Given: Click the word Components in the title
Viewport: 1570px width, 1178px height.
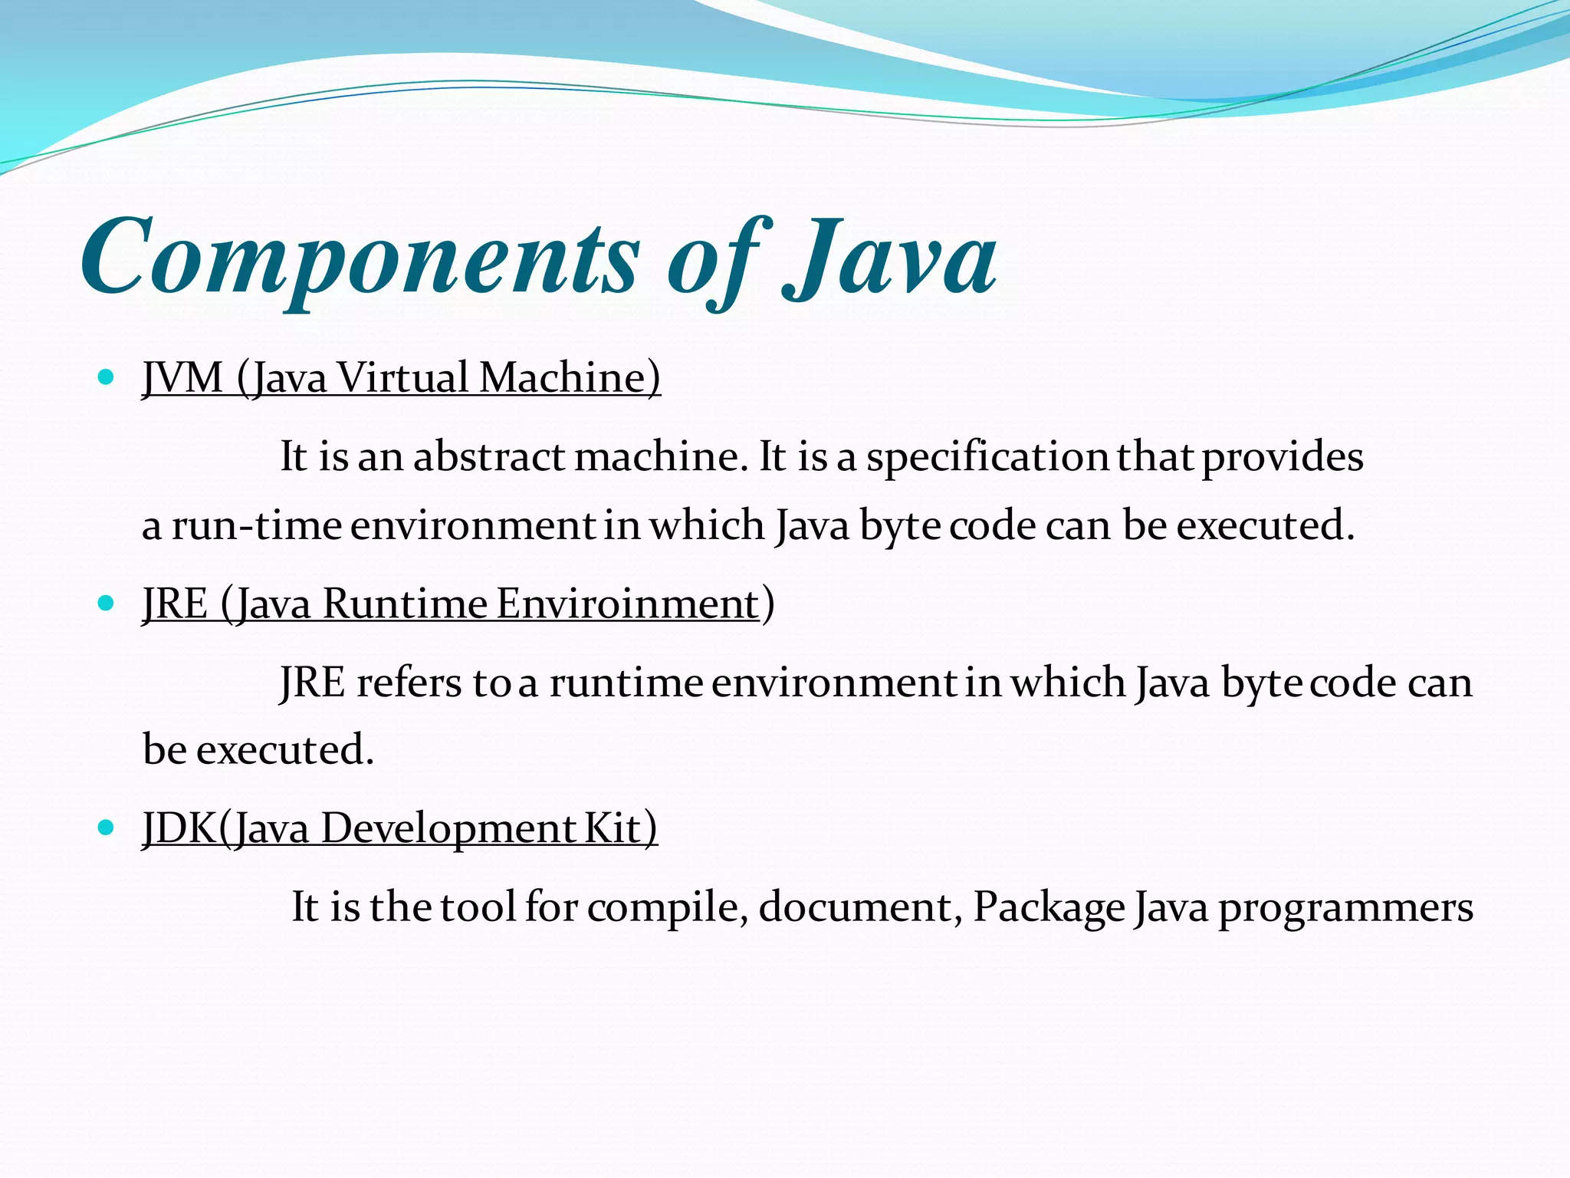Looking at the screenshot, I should coord(359,257).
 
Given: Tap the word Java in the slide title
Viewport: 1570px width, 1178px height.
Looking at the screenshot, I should coord(889,257).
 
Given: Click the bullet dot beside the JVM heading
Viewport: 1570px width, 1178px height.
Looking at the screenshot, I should coord(107,377).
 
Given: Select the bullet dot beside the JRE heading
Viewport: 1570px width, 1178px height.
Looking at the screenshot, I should coord(107,603).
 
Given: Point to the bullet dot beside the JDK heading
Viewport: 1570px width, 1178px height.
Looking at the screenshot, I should coord(107,828).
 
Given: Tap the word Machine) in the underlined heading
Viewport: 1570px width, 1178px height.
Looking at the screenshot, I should coord(569,378).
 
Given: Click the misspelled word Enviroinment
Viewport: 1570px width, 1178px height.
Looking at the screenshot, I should coord(627,604).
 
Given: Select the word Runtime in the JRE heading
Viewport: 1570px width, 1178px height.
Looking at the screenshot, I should coord(405,604).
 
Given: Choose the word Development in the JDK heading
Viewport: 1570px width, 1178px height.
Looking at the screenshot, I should coord(448,829).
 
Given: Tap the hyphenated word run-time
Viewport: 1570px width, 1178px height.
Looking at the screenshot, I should coord(256,526).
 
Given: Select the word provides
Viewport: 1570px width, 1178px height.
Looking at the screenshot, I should coord(1282,457).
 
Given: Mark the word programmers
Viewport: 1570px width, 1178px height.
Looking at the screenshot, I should coord(1345,908).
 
